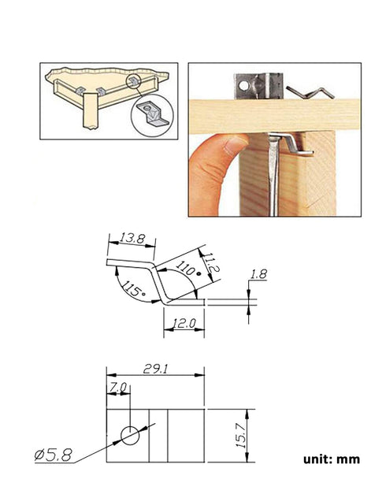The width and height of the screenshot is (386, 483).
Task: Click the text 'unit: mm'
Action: tap(328, 458)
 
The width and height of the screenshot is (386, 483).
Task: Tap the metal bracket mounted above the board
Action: tap(260, 85)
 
